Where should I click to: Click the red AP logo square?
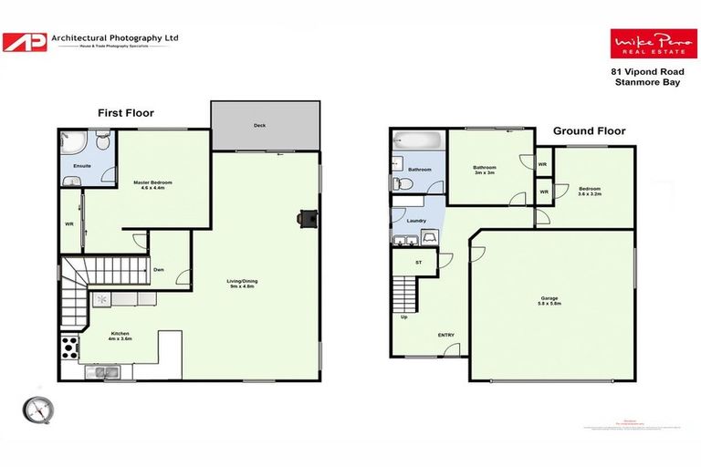click(x=25, y=42)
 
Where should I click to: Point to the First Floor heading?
click(x=126, y=113)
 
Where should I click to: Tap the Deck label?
click(x=265, y=126)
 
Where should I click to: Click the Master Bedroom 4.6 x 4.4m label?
click(x=152, y=186)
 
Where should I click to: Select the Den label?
click(x=159, y=269)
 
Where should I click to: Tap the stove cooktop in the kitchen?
click(x=69, y=348)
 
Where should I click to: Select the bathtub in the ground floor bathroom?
click(x=416, y=142)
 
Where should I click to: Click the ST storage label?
click(x=419, y=263)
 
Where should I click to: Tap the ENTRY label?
click(x=445, y=335)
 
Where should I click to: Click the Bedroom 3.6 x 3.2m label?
click(x=590, y=191)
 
